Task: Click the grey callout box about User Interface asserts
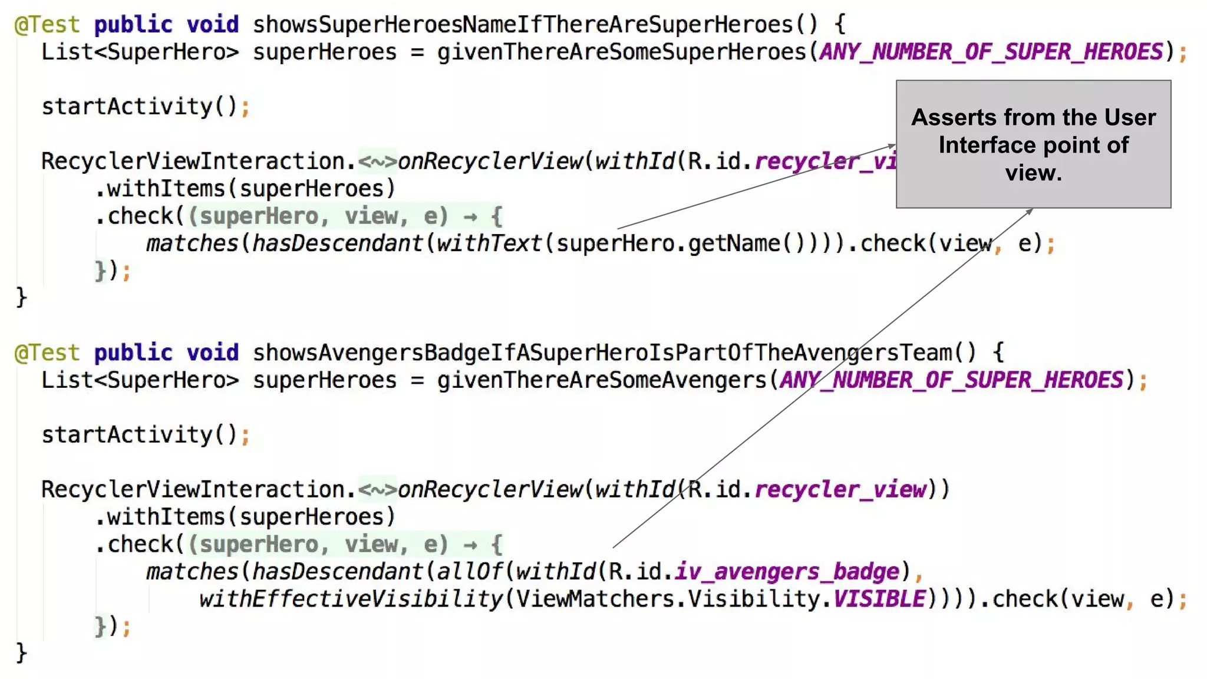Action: click(x=1033, y=144)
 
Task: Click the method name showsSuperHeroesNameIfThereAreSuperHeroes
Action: click(x=522, y=25)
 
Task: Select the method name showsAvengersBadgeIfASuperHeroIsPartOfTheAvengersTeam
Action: click(x=601, y=353)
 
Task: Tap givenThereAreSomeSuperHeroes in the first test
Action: click(x=621, y=52)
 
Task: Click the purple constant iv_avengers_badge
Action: click(x=787, y=572)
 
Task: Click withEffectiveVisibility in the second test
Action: click(x=351, y=599)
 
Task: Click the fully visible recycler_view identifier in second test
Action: click(x=840, y=490)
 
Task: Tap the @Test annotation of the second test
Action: click(x=47, y=353)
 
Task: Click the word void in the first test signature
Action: click(x=213, y=25)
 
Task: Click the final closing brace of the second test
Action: click(x=21, y=653)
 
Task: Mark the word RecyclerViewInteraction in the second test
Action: click(x=193, y=490)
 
